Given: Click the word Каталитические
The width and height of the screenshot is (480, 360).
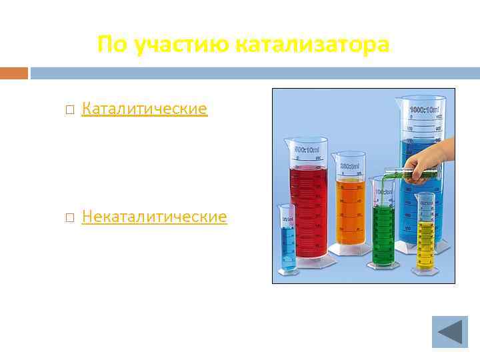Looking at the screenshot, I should tap(144, 109).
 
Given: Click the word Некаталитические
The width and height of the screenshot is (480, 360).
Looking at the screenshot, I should tap(154, 217).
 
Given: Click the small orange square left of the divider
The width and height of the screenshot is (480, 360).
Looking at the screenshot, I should tap(14, 72).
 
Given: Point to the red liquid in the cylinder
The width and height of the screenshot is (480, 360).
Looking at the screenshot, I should tap(307, 207).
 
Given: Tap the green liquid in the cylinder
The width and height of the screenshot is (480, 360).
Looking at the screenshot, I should tap(383, 230).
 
